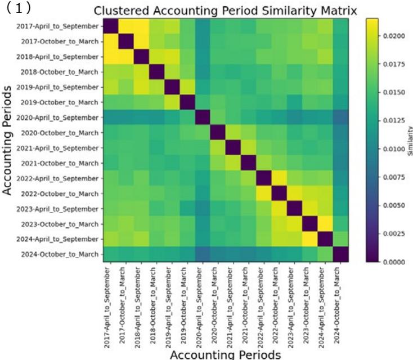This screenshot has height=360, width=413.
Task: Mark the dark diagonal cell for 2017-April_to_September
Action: click(111, 26)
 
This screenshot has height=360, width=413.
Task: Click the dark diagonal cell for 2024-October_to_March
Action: click(340, 255)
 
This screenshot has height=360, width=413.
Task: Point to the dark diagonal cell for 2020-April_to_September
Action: click(203, 118)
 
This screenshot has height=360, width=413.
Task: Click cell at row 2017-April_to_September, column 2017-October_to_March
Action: click(127, 26)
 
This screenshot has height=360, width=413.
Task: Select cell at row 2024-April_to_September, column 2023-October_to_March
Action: click(309, 240)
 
